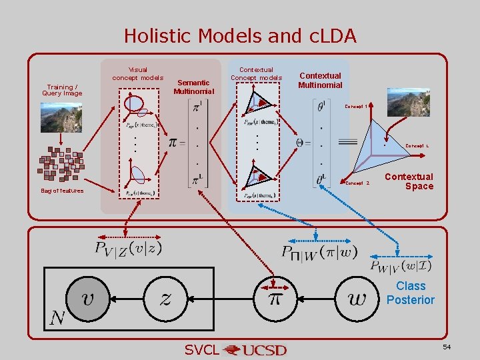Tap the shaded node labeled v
click(87, 298)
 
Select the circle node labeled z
click(164, 298)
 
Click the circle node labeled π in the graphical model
click(274, 298)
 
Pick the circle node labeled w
click(357, 298)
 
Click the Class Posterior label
click(410, 293)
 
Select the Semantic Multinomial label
click(193, 87)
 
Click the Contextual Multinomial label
click(320, 80)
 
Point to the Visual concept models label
click(137, 73)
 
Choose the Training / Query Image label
click(62, 90)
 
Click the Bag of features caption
click(62, 191)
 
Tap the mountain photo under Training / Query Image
click(62, 118)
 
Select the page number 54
click(447, 348)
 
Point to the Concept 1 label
click(357, 106)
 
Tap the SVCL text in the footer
click(201, 350)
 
